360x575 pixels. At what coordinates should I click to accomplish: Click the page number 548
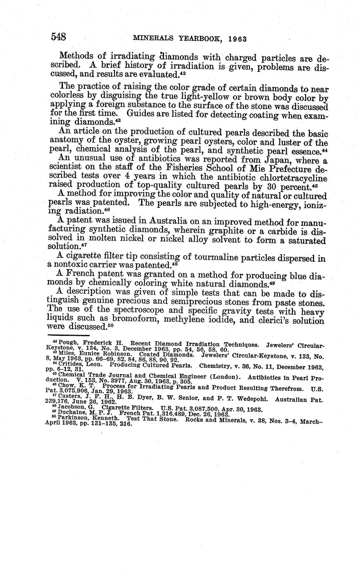pos(58,37)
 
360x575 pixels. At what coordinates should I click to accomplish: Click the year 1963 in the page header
pos(238,39)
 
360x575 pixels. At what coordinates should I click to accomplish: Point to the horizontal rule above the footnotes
pos(69,335)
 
